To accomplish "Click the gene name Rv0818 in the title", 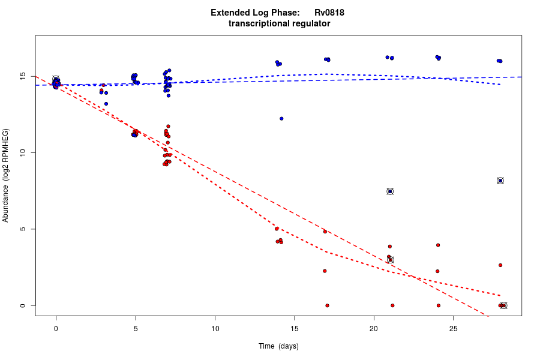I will (329, 13).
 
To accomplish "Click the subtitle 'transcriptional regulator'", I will (280, 24).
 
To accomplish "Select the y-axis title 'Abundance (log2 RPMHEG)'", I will (6, 175).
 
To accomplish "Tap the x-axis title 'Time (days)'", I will (278, 346).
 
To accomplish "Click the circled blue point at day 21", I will (390, 191).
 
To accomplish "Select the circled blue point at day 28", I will (500, 181).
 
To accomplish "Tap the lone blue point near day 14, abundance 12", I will (281, 119).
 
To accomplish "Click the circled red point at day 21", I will (391, 260).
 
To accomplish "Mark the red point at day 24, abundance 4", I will (438, 245).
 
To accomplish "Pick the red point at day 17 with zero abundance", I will (327, 305).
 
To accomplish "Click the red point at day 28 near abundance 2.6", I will (500, 265).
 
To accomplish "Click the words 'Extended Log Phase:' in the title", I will (255, 13).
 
